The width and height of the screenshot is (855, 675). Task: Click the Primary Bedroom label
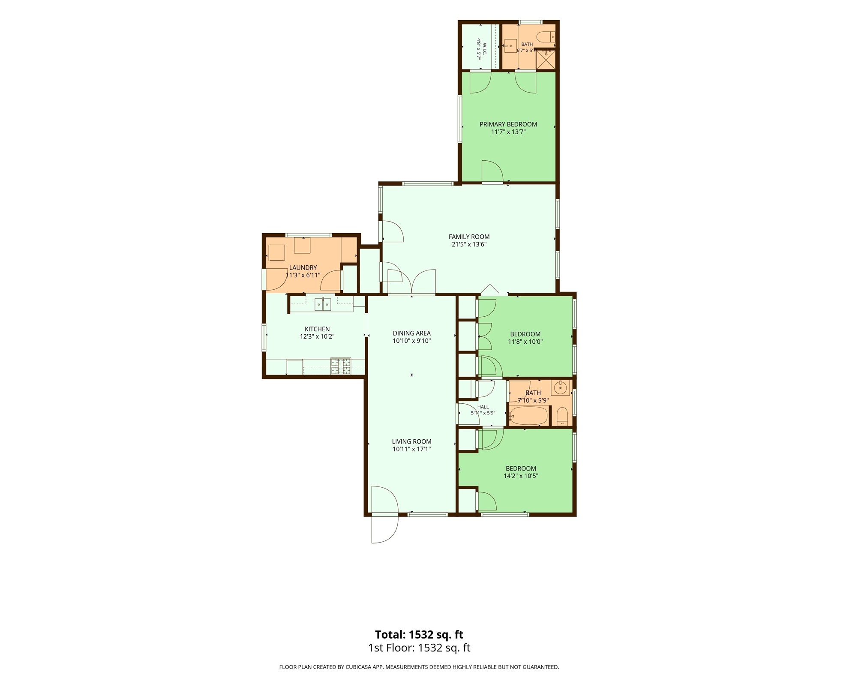508,124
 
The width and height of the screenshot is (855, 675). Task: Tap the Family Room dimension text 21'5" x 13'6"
469,245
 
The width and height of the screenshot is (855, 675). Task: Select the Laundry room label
303,267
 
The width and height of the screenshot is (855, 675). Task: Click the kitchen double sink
323,304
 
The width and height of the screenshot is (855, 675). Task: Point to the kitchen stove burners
341,366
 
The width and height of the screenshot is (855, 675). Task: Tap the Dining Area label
411,333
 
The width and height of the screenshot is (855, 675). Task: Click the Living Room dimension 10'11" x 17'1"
411,449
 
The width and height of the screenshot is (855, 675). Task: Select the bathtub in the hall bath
529,415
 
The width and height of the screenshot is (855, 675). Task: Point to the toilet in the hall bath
562,417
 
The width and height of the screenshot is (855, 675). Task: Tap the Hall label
483,407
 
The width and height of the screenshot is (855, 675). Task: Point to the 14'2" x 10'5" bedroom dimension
521,476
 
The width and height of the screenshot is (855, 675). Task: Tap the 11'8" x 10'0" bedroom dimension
525,342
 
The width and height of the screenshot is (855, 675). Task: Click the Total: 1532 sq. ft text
419,634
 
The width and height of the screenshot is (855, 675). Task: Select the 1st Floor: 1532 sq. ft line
419,648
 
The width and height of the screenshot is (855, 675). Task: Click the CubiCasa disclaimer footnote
419,667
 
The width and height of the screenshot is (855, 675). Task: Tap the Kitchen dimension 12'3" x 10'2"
317,337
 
